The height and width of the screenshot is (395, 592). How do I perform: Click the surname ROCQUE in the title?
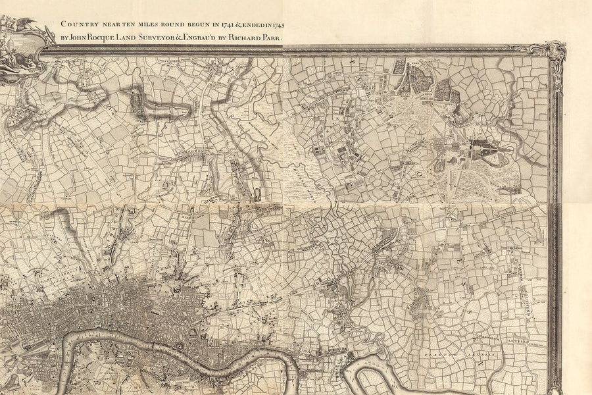click(111, 38)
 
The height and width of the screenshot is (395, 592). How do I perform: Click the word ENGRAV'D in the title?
click(213, 38)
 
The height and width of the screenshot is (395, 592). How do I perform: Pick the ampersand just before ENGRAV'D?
click(195, 38)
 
